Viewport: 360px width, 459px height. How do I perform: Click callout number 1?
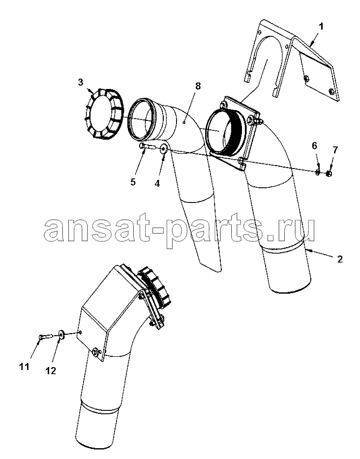pos(321,27)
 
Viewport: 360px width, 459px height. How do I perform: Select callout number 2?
pos(339,259)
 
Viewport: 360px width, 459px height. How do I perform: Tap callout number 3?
pos(81,83)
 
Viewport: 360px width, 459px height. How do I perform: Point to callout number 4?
pos(157,183)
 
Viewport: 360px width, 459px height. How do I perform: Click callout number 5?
pos(133,182)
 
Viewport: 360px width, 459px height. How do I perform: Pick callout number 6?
pos(314,145)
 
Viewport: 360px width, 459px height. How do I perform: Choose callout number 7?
pos(335,150)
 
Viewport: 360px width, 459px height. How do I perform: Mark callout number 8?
pos(198,86)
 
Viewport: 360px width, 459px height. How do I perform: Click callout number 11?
pos(25,366)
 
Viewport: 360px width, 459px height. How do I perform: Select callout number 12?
pos(51,371)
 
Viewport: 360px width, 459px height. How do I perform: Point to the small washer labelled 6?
pos(318,173)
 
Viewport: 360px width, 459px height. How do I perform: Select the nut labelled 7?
pos(329,174)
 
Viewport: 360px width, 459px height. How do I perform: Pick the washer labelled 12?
pos(62,335)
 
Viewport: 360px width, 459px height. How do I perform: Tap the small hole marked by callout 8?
pos(183,123)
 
